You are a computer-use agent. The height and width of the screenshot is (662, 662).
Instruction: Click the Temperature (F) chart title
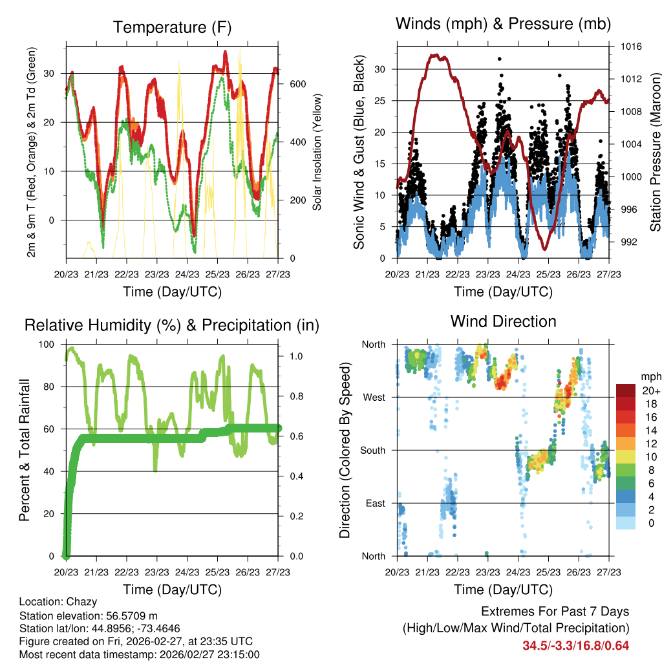(x=172, y=27)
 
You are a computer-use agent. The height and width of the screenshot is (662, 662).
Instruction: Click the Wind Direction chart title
(x=503, y=321)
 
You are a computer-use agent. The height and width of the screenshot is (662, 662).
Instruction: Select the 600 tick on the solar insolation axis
(x=297, y=84)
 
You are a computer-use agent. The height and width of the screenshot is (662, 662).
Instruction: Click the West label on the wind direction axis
(x=374, y=397)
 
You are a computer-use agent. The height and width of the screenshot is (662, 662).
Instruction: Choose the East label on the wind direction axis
(x=375, y=503)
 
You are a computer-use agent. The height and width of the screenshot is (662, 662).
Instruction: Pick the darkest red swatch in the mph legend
(x=625, y=390)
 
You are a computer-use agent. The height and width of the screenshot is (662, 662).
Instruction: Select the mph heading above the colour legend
(x=649, y=376)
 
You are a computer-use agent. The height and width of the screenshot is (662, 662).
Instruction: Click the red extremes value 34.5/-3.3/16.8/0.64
(x=576, y=645)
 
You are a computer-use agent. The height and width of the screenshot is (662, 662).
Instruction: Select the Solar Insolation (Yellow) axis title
(x=318, y=152)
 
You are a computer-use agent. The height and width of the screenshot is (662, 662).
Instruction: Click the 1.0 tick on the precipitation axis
(x=296, y=356)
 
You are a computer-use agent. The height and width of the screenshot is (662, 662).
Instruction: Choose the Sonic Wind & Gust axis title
(x=359, y=152)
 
